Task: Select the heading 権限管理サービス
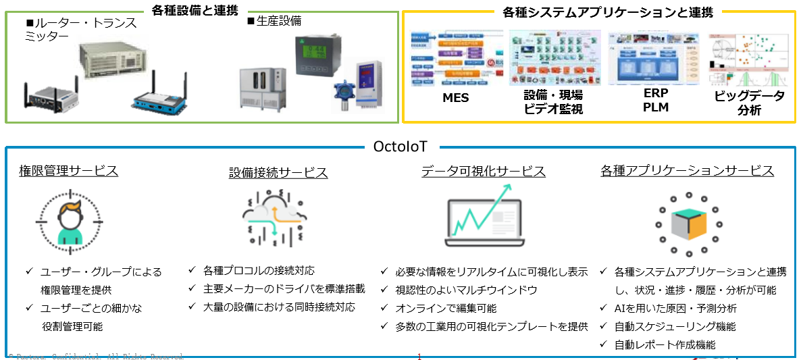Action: [x=68, y=171]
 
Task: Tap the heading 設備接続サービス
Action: [x=278, y=173]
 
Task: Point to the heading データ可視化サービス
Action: [x=484, y=172]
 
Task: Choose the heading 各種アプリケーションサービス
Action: [x=687, y=171]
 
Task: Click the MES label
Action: [x=455, y=99]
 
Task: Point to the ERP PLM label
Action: [x=656, y=100]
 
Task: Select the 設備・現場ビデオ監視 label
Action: [x=553, y=103]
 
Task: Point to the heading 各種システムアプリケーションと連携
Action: [x=599, y=12]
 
